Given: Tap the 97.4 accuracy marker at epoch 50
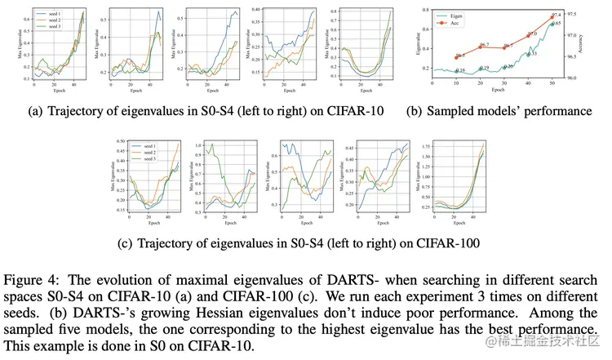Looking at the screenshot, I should pyautogui.click(x=552, y=16).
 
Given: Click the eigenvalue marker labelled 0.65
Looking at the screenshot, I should pyautogui.click(x=552, y=24).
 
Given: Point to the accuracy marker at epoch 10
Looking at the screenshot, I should pyautogui.click(x=457, y=57).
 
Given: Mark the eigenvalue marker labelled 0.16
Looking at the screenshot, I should pyautogui.click(x=457, y=71).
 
